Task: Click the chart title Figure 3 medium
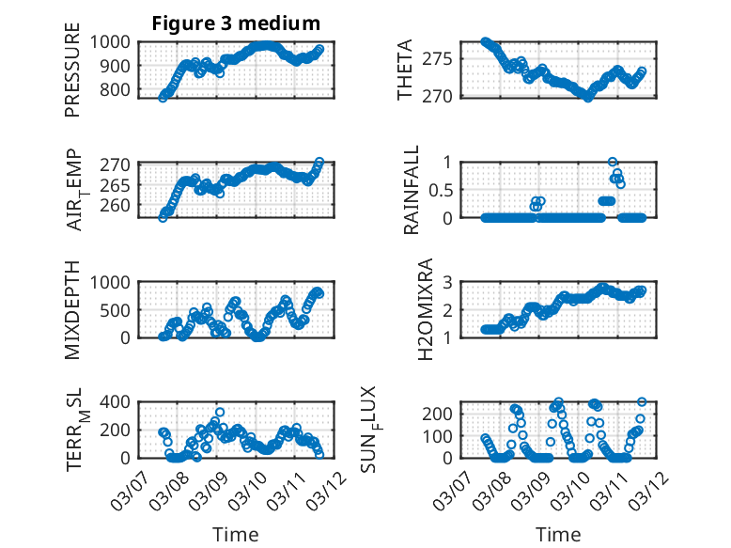(236, 23)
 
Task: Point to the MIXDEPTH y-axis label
(72, 306)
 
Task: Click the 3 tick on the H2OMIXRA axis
(449, 282)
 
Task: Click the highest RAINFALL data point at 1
(613, 163)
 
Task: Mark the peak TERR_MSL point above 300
(220, 413)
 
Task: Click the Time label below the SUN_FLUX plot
(558, 534)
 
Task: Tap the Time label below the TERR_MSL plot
(236, 534)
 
